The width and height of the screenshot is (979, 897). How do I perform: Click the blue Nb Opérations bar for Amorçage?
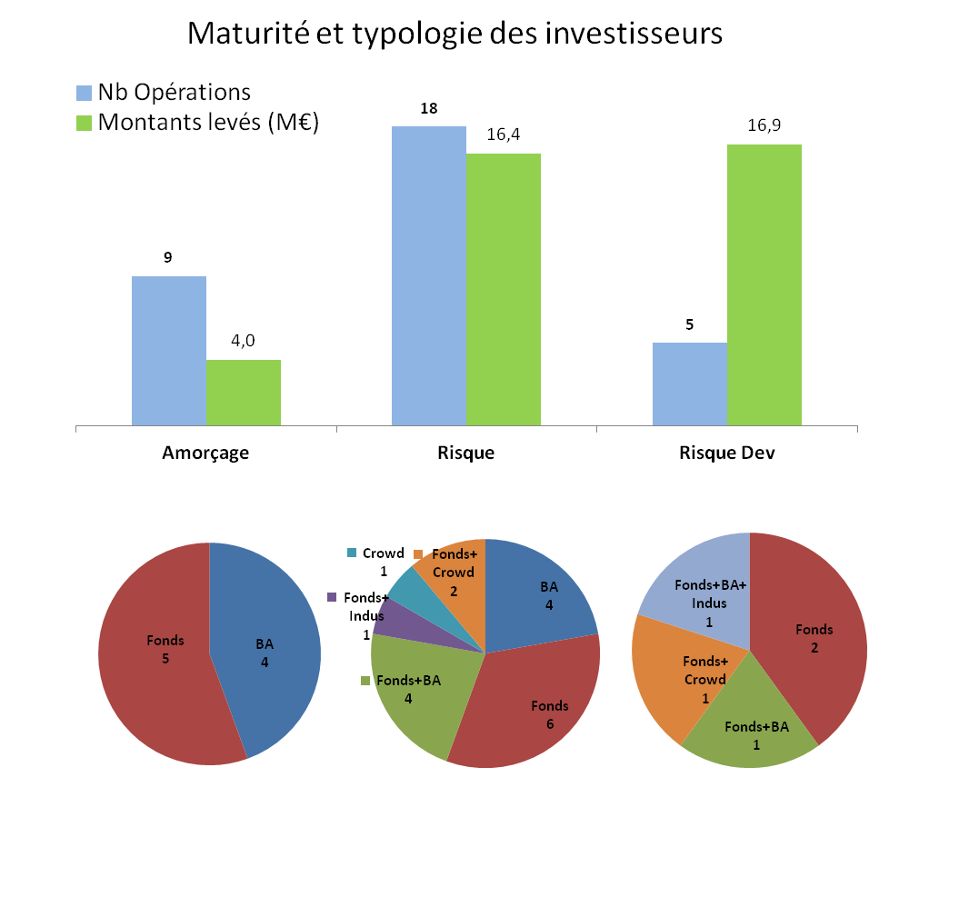pyautogui.click(x=169, y=350)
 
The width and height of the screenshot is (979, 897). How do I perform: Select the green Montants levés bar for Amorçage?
pyautogui.click(x=244, y=392)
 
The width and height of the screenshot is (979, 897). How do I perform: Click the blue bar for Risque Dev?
pyautogui.click(x=690, y=383)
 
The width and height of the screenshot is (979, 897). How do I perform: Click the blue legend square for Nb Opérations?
pyautogui.click(x=84, y=93)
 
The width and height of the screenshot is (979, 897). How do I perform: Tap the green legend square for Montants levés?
pyautogui.click(x=84, y=122)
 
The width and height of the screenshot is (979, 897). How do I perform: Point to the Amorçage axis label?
pyautogui.click(x=205, y=453)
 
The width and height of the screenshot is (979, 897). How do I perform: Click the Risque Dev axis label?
pyautogui.click(x=727, y=453)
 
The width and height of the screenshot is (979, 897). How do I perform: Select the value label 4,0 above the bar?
pyautogui.click(x=243, y=341)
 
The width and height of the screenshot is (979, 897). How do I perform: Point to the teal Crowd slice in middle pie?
pyautogui.click(x=407, y=591)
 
